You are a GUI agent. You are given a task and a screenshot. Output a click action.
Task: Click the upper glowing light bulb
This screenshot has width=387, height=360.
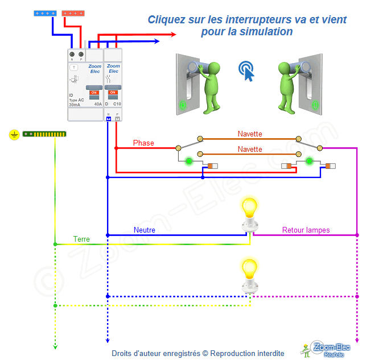tap(249, 208)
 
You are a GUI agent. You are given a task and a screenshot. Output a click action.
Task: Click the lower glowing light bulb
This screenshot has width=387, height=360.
tap(249, 269)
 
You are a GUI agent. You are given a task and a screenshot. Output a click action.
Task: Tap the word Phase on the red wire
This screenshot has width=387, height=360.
tap(143, 143)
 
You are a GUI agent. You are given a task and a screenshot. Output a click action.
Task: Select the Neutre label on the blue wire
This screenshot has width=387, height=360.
tap(145, 230)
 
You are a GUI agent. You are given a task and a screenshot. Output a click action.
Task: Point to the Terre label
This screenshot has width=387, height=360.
tap(81, 239)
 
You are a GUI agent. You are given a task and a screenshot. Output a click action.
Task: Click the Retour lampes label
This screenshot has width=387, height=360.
tap(306, 230)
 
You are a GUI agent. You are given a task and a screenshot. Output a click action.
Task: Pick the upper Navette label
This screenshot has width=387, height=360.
tap(250, 134)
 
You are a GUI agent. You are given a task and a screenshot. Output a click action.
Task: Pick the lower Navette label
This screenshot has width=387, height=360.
tap(250, 149)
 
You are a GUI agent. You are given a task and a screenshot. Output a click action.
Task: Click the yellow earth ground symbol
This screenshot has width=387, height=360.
tap(14, 135)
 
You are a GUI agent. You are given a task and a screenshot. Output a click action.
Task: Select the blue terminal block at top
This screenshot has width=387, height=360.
tap(43, 13)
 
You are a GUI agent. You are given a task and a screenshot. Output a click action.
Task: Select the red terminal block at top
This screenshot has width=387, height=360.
tap(74, 13)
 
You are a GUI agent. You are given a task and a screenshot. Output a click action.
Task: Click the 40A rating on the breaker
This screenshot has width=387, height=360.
tap(98, 104)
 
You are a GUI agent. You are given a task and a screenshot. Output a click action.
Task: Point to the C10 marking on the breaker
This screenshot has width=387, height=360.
tap(117, 104)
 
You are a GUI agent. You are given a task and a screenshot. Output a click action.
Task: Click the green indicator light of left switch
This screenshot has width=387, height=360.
tap(188, 161)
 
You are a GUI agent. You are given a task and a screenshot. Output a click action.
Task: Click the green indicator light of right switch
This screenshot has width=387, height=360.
tap(309, 161)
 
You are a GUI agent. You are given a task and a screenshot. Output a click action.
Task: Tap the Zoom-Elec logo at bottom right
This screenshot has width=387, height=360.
tap(327, 349)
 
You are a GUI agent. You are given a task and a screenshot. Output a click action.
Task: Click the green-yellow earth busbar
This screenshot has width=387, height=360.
tap(44, 135)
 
